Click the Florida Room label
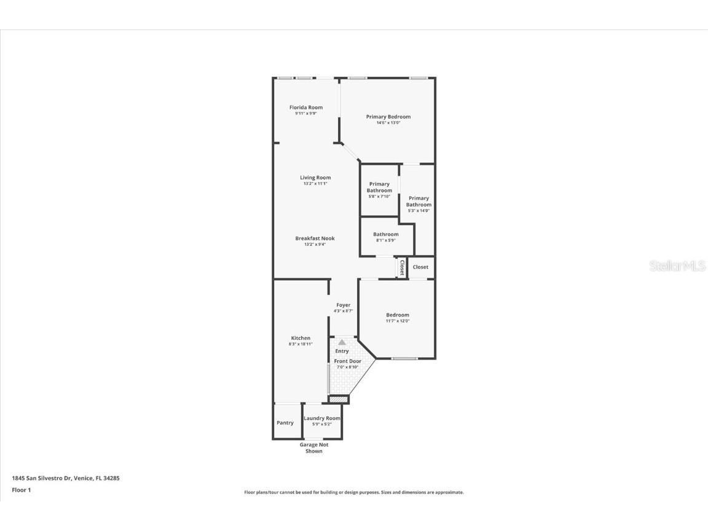pyautogui.click(x=306, y=108)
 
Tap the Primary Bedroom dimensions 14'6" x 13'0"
pyautogui.click(x=388, y=122)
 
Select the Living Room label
pyautogui.click(x=315, y=178)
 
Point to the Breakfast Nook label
pyautogui.click(x=315, y=238)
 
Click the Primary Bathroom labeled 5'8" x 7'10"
pyautogui.click(x=379, y=187)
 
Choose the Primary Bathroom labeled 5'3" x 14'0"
pyautogui.click(x=419, y=202)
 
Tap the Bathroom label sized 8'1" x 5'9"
pyautogui.click(x=385, y=234)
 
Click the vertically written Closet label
pyautogui.click(x=402, y=267)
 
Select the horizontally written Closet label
pyautogui.click(x=420, y=267)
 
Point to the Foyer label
pyautogui.click(x=343, y=305)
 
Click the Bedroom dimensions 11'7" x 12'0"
pyautogui.click(x=397, y=321)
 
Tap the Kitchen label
pyautogui.click(x=301, y=338)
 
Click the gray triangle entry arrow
pyautogui.click(x=342, y=342)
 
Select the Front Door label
pyautogui.click(x=347, y=361)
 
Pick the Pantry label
pyautogui.click(x=285, y=423)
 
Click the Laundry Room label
pyautogui.click(x=322, y=418)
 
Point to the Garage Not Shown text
pyautogui.click(x=313, y=448)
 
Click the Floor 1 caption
pyautogui.click(x=21, y=490)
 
